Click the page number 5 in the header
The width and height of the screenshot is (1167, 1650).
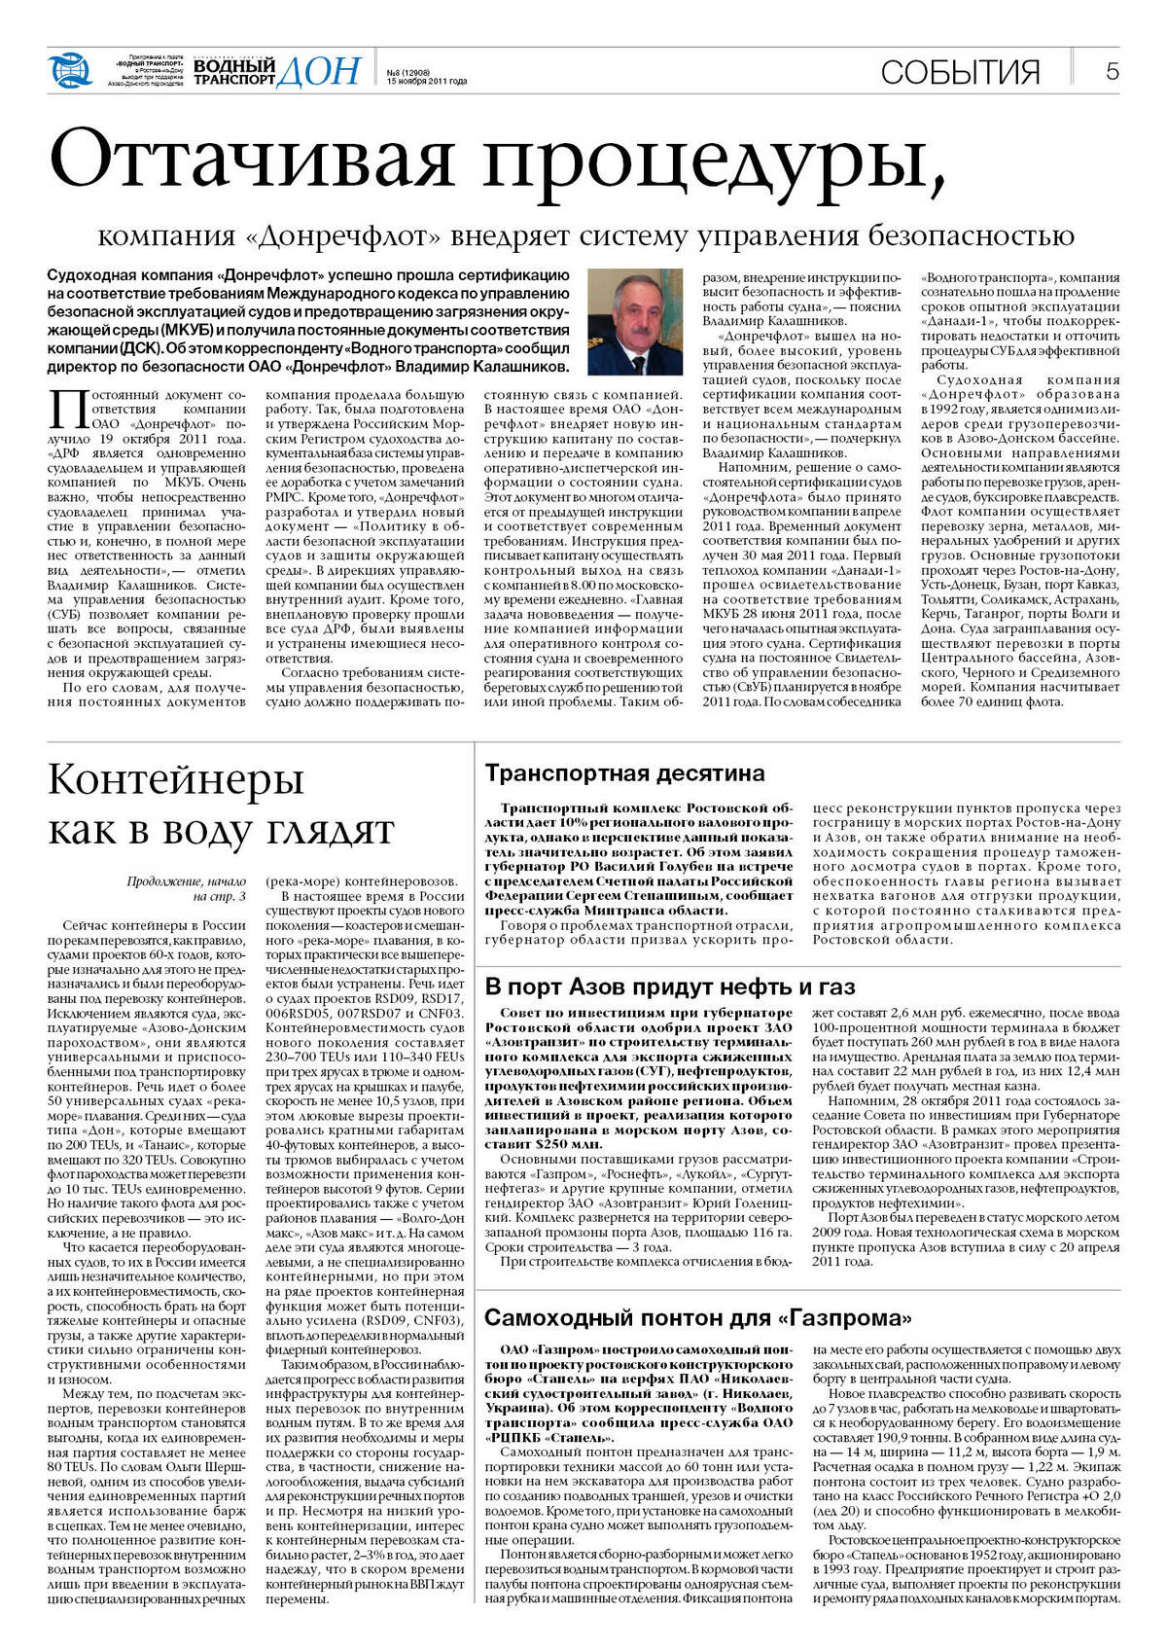[x=1112, y=71]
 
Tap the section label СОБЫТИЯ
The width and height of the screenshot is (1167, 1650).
[x=960, y=72]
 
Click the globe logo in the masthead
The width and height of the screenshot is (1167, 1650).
[x=69, y=70]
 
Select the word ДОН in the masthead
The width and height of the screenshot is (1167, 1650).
[x=319, y=71]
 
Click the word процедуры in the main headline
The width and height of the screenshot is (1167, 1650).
[x=714, y=161]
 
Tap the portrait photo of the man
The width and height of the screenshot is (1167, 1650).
[x=635, y=321]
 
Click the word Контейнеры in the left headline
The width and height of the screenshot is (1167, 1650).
[x=176, y=779]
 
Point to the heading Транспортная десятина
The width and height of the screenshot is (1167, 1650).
[x=624, y=773]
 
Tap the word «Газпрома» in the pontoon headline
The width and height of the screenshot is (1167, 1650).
[x=846, y=1318]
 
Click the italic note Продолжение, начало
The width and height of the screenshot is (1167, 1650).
[x=186, y=881]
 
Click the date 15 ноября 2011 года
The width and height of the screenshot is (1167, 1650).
[x=427, y=82]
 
